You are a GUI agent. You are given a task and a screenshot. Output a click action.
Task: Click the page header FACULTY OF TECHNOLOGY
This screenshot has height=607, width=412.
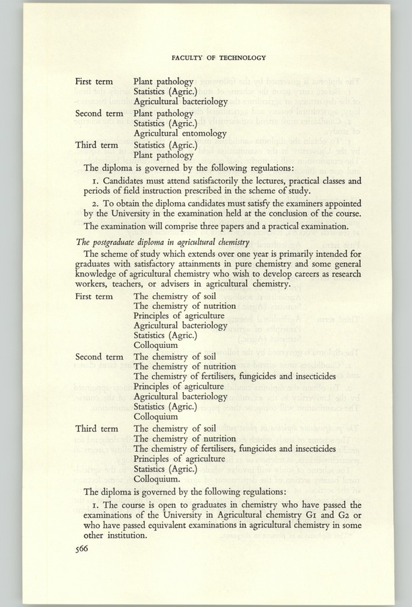tap(219, 58)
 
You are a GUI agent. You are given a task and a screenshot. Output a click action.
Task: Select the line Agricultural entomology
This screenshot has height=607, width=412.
tap(180, 133)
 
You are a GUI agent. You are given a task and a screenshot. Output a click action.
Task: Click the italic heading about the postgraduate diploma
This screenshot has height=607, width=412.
tap(163, 242)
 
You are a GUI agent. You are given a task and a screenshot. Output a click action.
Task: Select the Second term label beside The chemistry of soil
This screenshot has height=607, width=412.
tap(99, 356)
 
